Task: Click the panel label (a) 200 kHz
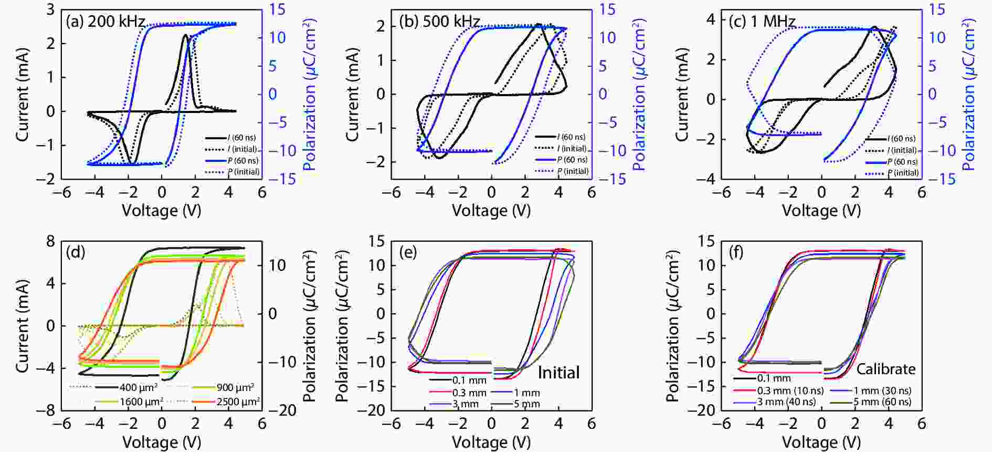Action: point(105,22)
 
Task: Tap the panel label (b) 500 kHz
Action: point(439,22)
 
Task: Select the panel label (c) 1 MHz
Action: point(762,22)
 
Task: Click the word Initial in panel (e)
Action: point(558,373)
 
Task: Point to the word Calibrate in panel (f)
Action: point(885,369)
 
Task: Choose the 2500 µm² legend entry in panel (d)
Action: point(238,402)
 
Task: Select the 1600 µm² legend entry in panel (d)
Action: point(141,402)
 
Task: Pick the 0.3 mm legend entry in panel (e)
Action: point(469,393)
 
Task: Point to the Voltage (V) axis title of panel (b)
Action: point(491,211)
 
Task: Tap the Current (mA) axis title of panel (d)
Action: point(22,326)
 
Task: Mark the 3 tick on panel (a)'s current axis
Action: point(50,9)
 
